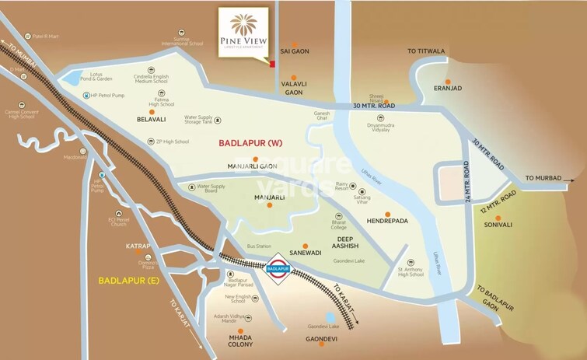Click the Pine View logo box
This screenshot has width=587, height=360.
point(243,32)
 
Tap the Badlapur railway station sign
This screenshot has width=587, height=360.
point(279,269)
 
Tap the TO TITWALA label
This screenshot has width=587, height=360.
point(427,51)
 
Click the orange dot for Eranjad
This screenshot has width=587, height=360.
point(447,80)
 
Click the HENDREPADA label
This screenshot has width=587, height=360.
point(387,221)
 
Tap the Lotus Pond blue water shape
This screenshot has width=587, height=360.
point(71,78)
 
